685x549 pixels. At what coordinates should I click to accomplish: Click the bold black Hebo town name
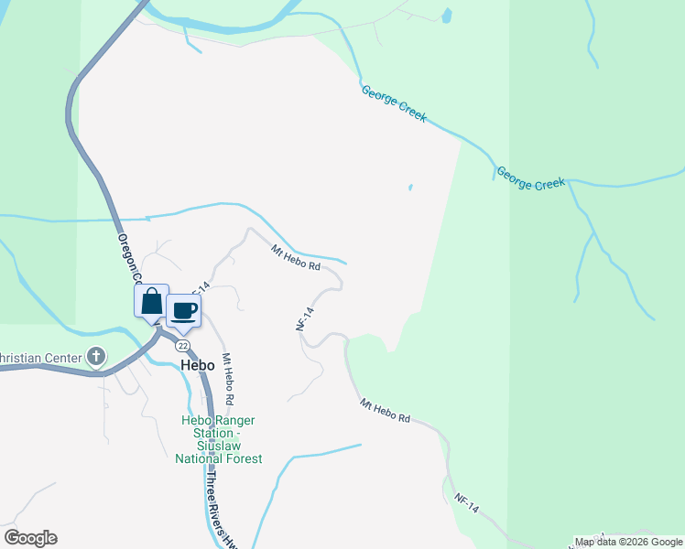pos(197,365)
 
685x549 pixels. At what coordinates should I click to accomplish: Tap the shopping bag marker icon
pos(152,301)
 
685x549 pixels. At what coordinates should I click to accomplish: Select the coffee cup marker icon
pos(184,311)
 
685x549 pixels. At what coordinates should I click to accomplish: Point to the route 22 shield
pos(184,345)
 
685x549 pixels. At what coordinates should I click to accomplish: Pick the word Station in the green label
pos(205,434)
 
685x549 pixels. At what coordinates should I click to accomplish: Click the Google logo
pos(30,538)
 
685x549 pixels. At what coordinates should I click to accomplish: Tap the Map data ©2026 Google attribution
pos(628,542)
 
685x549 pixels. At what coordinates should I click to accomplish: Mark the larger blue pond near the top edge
pos(446,15)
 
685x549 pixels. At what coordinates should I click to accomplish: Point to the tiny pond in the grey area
pos(410,188)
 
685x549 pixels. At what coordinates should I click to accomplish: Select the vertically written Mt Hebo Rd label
pos(228,380)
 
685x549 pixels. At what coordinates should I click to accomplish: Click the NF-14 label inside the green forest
pos(467,503)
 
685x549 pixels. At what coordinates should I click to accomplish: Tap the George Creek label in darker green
pos(530,178)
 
